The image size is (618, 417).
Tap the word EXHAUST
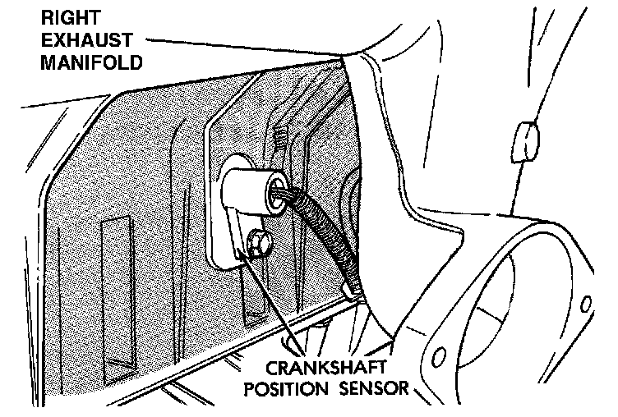pyautogui.click(x=76, y=39)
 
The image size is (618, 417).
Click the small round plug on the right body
pyautogui.click(x=524, y=141)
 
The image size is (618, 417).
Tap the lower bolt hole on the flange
pyautogui.click(x=439, y=358)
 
